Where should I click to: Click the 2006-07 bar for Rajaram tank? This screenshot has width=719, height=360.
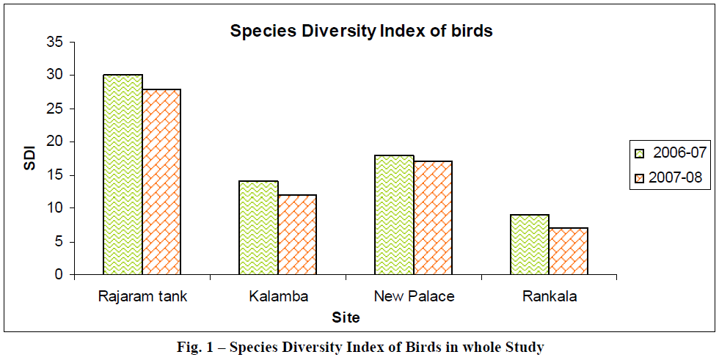123,175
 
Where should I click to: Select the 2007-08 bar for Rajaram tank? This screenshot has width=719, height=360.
161,182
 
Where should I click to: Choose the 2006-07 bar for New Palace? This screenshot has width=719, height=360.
394,215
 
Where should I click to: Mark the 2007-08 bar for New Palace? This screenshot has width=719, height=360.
433,218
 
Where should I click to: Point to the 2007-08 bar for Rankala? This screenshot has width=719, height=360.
569,251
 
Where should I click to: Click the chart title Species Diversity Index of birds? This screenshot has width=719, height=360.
361,32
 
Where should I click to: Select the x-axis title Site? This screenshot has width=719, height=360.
346,318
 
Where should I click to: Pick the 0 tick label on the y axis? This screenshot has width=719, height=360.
59,275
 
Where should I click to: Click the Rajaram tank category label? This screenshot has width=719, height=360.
142,297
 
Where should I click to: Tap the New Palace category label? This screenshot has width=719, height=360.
414,297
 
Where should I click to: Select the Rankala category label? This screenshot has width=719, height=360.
550,297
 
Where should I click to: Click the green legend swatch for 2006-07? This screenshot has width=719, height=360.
640,153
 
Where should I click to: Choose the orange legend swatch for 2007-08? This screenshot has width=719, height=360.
640,177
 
